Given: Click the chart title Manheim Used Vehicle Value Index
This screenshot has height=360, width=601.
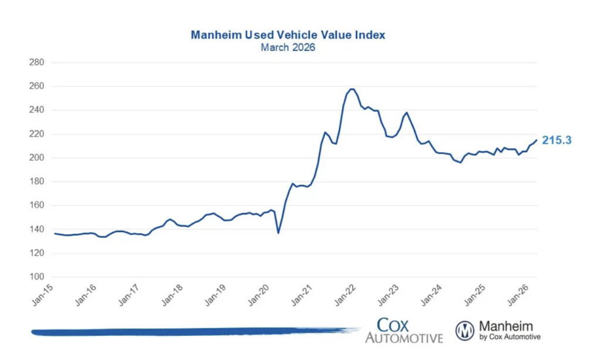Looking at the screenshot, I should click(x=288, y=35).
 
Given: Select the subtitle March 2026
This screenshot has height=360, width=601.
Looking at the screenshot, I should click(x=288, y=48).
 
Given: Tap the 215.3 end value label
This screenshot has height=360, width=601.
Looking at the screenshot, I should click(x=556, y=140).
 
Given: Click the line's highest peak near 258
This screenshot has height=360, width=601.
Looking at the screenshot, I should click(x=352, y=89).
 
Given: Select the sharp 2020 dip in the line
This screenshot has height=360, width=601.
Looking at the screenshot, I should click(x=278, y=233).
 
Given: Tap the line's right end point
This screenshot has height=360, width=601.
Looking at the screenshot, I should click(x=536, y=140).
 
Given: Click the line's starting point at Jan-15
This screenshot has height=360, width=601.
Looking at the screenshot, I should click(x=55, y=234).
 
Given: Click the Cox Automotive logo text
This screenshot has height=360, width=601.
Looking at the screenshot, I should click(x=404, y=330).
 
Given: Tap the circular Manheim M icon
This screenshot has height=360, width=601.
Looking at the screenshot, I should click(x=465, y=331).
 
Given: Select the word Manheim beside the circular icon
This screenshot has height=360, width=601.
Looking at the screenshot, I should click(x=507, y=326).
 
